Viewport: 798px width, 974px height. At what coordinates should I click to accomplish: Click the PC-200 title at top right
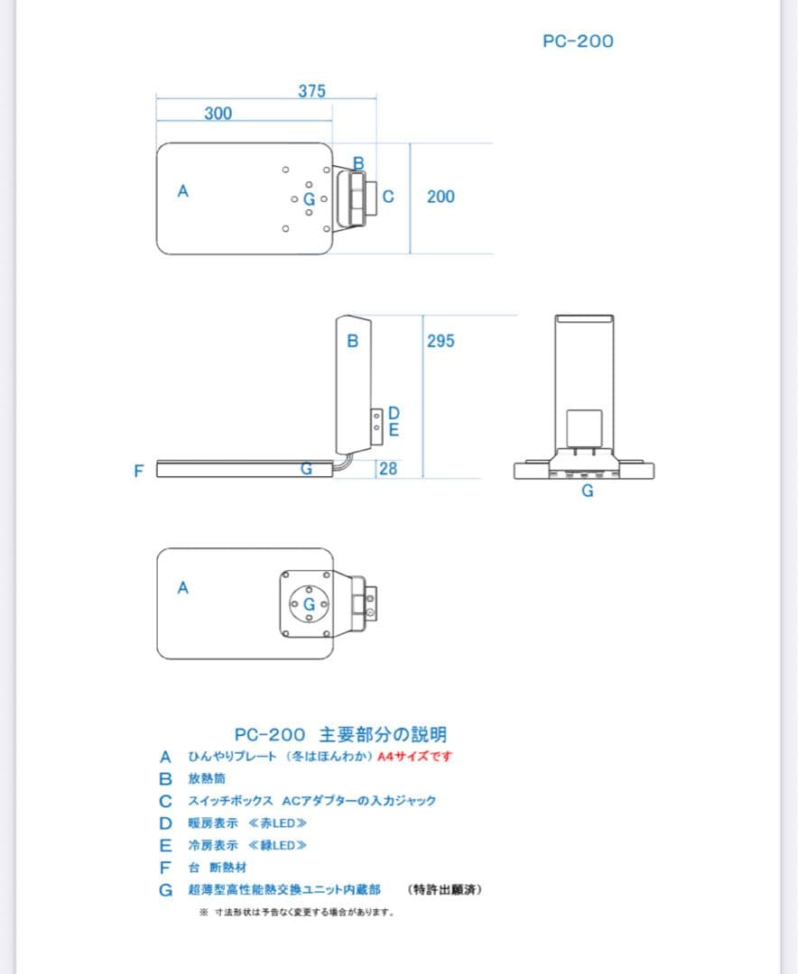pos(578,41)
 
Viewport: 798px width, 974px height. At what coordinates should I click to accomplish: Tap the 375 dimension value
pos(311,91)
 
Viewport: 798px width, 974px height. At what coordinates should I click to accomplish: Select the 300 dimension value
pos(218,114)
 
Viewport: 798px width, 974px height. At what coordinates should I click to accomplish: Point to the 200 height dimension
pos(441,197)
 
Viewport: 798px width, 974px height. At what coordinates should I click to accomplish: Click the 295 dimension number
pos(441,342)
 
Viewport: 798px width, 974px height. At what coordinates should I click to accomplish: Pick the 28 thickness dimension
pos(387,469)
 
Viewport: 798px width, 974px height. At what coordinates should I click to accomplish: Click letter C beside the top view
pos(388,196)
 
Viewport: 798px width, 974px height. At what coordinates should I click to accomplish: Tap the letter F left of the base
pos(138,471)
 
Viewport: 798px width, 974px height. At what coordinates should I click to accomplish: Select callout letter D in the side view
pos(394,414)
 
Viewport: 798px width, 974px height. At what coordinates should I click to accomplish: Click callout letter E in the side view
pos(394,430)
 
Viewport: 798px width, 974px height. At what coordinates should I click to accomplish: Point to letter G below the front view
pos(587,492)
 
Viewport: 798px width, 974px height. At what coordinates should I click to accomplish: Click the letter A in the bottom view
pos(183,588)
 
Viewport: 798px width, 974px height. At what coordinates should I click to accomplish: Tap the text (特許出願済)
pos(446,890)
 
